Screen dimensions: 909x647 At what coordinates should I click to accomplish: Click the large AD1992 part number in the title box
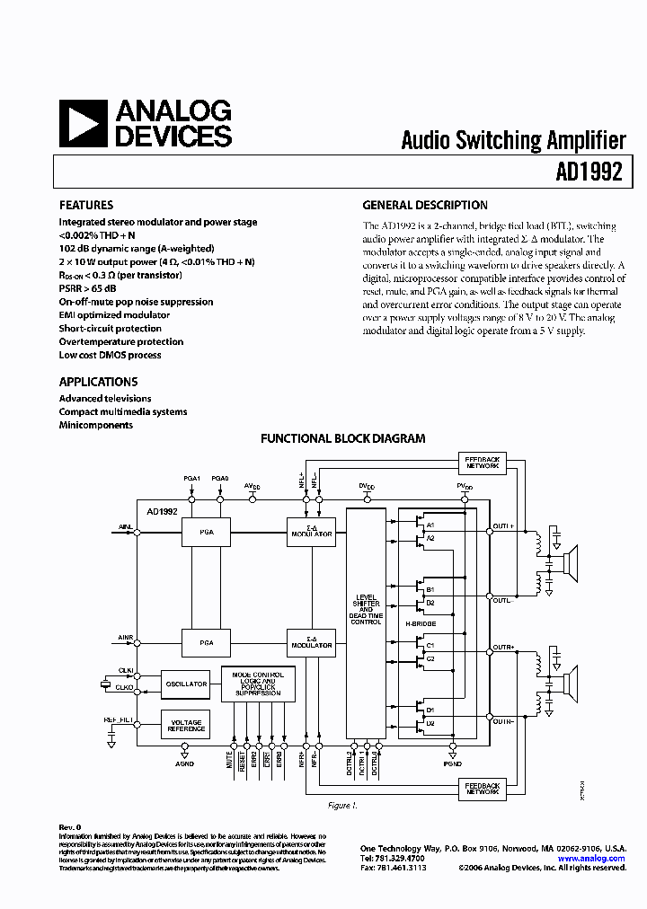pos(589,173)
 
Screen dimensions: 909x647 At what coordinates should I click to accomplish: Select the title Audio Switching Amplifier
pos(513,140)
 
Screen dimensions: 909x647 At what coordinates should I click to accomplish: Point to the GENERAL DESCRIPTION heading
pos(425,205)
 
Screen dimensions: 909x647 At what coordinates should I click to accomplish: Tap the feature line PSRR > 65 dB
pos(88,288)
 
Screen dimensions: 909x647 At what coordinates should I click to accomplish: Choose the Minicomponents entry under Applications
pos(96,425)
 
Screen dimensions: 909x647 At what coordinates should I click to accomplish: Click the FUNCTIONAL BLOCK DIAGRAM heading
pos(342,439)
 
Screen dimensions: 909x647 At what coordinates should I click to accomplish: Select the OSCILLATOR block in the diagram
pos(186,684)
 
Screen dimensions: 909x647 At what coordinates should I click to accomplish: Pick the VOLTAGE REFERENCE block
pos(186,726)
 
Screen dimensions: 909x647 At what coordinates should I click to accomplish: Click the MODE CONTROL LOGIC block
pos(258,684)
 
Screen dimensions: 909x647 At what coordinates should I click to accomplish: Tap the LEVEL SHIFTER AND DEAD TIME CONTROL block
pos(366,609)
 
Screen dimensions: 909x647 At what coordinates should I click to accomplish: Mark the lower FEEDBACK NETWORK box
pos(483,789)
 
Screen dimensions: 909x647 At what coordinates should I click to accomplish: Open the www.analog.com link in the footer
pos(590,859)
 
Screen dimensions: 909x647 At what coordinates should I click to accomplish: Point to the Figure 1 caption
pos(342,806)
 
